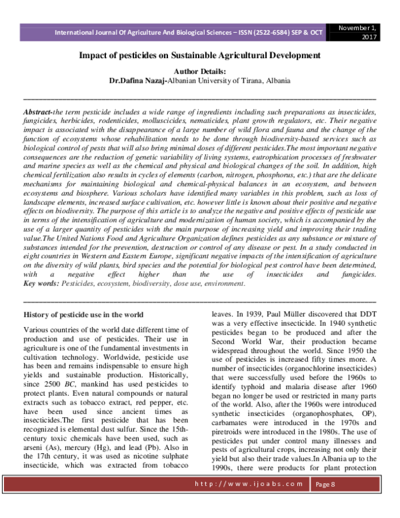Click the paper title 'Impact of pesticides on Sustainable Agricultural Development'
[200, 55]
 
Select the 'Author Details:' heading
[200, 71]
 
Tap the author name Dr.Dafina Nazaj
[137, 79]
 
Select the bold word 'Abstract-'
[38, 109]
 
